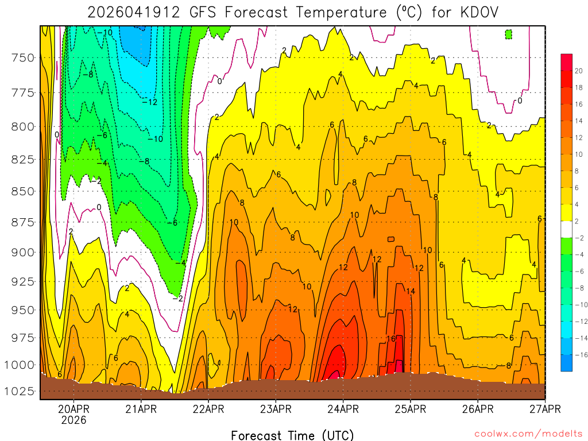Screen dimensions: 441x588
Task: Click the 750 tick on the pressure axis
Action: [x=23, y=57]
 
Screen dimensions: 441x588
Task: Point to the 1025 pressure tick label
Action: [x=21, y=391]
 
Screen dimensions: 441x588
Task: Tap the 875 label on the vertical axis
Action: [x=23, y=222]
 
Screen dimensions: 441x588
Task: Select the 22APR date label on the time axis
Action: [x=208, y=409]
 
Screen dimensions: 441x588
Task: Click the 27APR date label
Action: [x=544, y=409]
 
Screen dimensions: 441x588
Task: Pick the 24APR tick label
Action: [x=343, y=409]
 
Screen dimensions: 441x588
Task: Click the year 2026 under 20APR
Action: [x=73, y=420]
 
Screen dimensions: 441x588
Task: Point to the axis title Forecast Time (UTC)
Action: [x=292, y=435]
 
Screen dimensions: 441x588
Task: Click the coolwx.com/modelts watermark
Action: [x=528, y=434]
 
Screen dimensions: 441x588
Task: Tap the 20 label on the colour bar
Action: [x=579, y=71]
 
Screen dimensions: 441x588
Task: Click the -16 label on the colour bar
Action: [x=579, y=354]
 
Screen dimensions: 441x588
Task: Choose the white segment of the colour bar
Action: [x=567, y=229]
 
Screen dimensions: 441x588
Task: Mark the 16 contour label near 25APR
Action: [x=390, y=339]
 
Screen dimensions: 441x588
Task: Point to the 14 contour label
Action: [x=411, y=291]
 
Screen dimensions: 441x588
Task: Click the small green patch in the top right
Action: [x=509, y=34]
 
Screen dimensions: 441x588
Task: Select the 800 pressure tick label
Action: [x=23, y=126]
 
